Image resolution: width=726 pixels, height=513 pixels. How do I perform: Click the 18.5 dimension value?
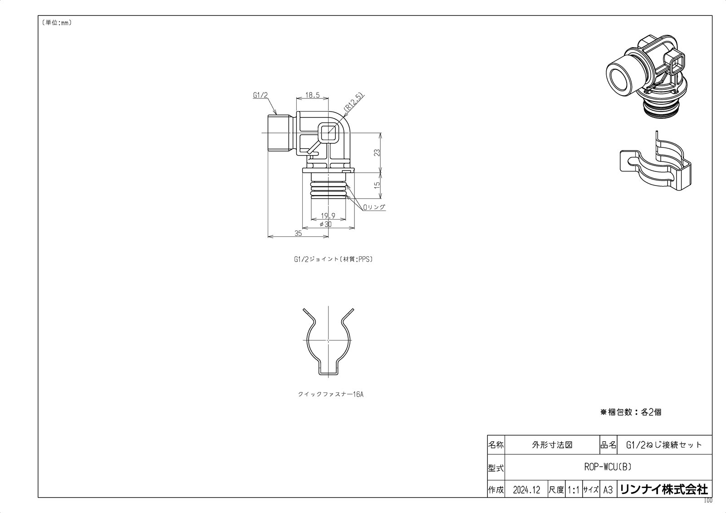[312, 95]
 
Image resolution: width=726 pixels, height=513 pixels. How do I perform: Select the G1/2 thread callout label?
[260, 95]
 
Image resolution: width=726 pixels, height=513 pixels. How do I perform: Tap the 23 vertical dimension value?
[377, 153]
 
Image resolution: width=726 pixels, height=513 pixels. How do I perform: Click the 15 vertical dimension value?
[377, 186]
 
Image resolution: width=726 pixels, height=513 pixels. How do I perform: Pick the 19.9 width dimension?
[328, 216]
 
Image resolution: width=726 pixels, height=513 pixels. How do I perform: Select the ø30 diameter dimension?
[325, 224]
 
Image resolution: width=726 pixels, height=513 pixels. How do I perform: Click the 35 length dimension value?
[298, 233]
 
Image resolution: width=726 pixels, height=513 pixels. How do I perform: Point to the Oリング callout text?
[374, 207]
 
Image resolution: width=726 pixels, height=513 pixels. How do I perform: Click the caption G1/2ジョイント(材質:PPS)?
[333, 260]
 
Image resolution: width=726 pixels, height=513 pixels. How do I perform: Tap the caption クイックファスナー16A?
[330, 394]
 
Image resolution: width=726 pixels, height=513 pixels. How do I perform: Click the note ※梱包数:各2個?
[631, 412]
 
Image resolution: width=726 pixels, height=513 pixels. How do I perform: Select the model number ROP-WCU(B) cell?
[608, 467]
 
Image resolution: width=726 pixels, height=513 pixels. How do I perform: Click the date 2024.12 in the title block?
[526, 490]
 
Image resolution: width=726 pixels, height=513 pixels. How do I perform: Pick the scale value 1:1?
[574, 490]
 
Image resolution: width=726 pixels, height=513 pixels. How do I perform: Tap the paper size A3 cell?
[608, 490]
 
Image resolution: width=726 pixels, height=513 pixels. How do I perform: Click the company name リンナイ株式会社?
[663, 489]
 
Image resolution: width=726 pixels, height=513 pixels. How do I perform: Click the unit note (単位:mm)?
[57, 23]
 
